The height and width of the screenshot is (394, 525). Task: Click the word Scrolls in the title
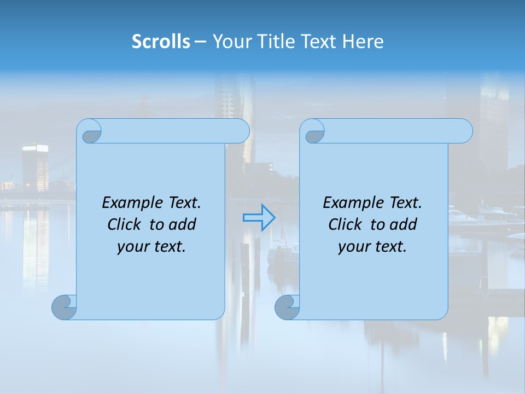tap(161, 42)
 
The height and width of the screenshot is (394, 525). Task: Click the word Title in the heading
tap(277, 42)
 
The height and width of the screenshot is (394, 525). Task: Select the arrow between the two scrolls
tap(259, 218)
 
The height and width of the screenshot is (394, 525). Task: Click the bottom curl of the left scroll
tap(64, 307)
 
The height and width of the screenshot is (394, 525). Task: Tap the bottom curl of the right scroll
tap(287, 307)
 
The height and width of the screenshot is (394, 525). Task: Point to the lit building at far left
tap(35, 167)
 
